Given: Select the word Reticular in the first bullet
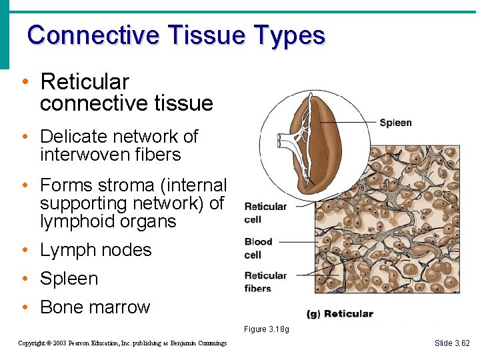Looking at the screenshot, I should coord(85,82).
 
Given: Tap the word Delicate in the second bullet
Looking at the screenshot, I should coord(73,137).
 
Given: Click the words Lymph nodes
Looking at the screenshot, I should coord(95,250).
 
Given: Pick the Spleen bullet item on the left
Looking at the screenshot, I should coord(69,279).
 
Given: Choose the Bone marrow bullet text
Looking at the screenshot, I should coord(95,307).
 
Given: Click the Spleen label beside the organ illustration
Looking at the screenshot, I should coord(395,123).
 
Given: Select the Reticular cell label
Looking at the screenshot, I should coord(265,213).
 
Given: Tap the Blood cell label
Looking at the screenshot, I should coord(258,248).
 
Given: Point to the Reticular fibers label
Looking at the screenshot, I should coord(265,282).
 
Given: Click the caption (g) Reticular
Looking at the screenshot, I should coord(339,314).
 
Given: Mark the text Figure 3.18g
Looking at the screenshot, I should coord(266,329).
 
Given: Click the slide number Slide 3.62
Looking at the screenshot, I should coord(451,343).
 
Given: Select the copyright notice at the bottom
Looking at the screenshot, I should coord(122,343).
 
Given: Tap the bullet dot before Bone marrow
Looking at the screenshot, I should coord(24,308).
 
